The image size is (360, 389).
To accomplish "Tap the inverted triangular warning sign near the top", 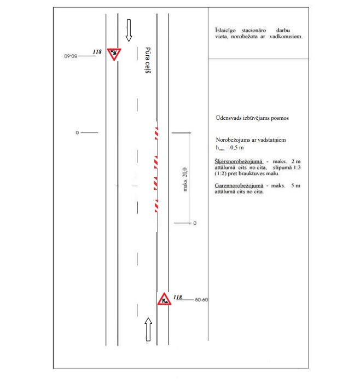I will point(114,54).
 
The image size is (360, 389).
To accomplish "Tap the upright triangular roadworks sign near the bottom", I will point(164,299).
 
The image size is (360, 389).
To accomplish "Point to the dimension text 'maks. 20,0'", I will point(185,178).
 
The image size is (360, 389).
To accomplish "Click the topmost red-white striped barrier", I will point(156,133).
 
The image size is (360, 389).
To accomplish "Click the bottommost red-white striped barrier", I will point(156,205).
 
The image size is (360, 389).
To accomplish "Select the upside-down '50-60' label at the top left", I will point(71,56).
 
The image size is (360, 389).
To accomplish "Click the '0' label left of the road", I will point(78,133).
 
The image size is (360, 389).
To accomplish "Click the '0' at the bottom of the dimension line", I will point(195,224).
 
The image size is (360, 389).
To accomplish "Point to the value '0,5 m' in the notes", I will point(236,148).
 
